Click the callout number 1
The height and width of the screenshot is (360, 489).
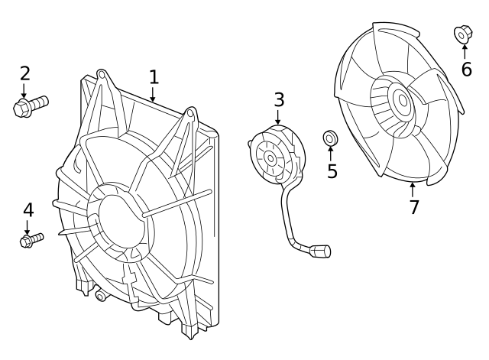pos(154,77)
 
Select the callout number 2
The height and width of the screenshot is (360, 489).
pos(25,73)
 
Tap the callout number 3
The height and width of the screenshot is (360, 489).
pos(279,99)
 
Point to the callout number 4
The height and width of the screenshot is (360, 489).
pos(28,209)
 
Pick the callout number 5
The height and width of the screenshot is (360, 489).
pos(332,171)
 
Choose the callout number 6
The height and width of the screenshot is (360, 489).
pos(467,70)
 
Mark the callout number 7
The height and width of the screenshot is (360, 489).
pos(414,207)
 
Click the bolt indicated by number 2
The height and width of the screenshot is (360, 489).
pos(31,106)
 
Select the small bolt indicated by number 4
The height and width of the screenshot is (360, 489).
pos(31,240)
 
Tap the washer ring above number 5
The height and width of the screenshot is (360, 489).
pos(330,138)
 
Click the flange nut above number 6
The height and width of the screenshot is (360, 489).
pos(463,34)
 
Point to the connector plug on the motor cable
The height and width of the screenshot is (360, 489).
pos(320,251)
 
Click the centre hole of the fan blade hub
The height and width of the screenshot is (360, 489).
pos(403,100)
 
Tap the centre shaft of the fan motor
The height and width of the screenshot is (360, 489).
pos(270,159)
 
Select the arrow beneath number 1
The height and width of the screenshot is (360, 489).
pos(153,95)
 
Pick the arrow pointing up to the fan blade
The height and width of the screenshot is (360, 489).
pos(413,190)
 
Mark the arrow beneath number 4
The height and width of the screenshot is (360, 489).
pos(28,228)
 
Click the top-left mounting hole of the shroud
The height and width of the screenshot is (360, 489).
pos(101,75)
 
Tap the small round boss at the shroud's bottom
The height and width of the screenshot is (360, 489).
pos(100,296)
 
